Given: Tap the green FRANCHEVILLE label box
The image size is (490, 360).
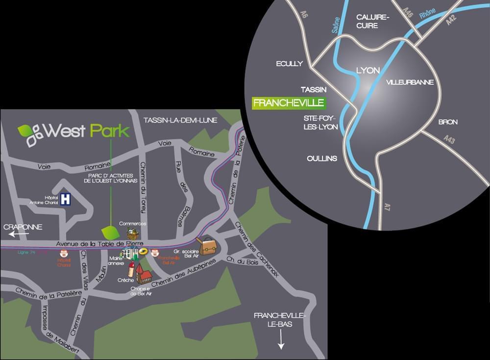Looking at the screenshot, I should (289, 103).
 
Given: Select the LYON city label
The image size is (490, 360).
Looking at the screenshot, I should (367, 70).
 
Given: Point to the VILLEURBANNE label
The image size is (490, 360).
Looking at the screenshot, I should (410, 82).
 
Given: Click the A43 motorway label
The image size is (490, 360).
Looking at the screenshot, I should (449, 140).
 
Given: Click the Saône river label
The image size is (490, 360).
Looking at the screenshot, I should (335, 23).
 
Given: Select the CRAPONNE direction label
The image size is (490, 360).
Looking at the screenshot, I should (23, 227).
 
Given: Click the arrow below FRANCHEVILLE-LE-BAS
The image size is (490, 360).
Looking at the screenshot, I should (281, 339).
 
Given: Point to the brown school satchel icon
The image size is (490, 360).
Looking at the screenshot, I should (206, 245).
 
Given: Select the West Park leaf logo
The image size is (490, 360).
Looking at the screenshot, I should (31, 133).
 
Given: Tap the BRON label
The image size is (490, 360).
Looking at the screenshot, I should (447, 122).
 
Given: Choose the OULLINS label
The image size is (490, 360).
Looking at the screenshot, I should (322, 158).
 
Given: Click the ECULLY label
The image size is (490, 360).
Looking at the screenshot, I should (290, 64).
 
